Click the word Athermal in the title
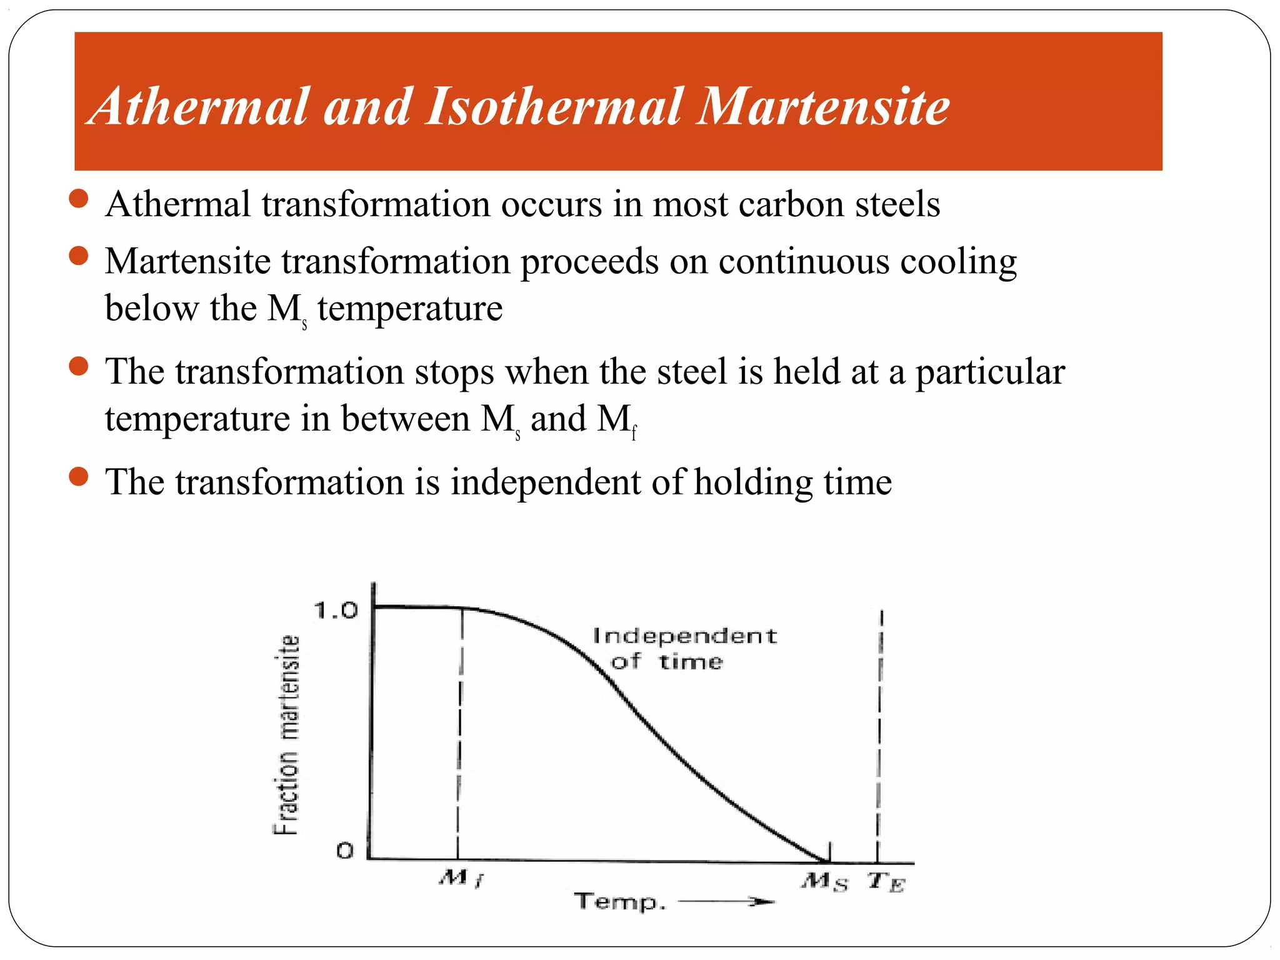pyautogui.click(x=199, y=106)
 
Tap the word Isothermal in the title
pyautogui.click(x=554, y=106)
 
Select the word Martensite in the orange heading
pyautogui.click(x=823, y=106)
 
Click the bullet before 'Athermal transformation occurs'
pyautogui.click(x=79, y=199)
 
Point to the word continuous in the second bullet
pyautogui.click(x=803, y=261)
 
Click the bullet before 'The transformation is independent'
pyautogui.click(x=79, y=477)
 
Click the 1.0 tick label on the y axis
pyautogui.click(x=336, y=610)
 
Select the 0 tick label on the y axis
pyautogui.click(x=345, y=851)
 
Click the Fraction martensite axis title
pyautogui.click(x=287, y=735)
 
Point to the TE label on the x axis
pyautogui.click(x=886, y=882)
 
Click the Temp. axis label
pyautogui.click(x=619, y=902)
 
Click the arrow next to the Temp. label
pyautogui.click(x=727, y=901)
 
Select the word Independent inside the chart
pyautogui.click(x=684, y=636)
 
